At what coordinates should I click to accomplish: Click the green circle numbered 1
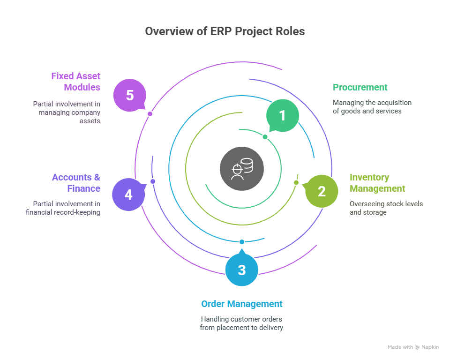coord(282,116)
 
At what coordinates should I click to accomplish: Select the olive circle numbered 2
coord(321,191)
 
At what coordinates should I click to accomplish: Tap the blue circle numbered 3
coord(241,270)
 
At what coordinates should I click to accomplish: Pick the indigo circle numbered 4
coord(128,194)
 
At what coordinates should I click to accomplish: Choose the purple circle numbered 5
coord(130,95)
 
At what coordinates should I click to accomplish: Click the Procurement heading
coord(360,88)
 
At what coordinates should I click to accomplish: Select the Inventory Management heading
coord(377,183)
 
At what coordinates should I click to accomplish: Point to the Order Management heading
coord(241,304)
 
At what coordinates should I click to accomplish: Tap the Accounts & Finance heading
coord(76,183)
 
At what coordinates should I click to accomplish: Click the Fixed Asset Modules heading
coord(75,82)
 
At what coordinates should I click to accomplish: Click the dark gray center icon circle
coord(242,169)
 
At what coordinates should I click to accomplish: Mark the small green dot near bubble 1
coord(265,137)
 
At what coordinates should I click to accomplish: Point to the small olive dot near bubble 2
coord(296,182)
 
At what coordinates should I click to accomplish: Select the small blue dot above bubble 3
coord(242,242)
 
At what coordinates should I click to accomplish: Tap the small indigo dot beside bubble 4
coord(152,181)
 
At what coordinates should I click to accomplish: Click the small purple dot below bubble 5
coord(150,114)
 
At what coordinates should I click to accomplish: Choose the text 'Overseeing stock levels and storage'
coord(386,208)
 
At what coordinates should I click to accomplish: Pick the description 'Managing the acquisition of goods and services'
coord(372,107)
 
